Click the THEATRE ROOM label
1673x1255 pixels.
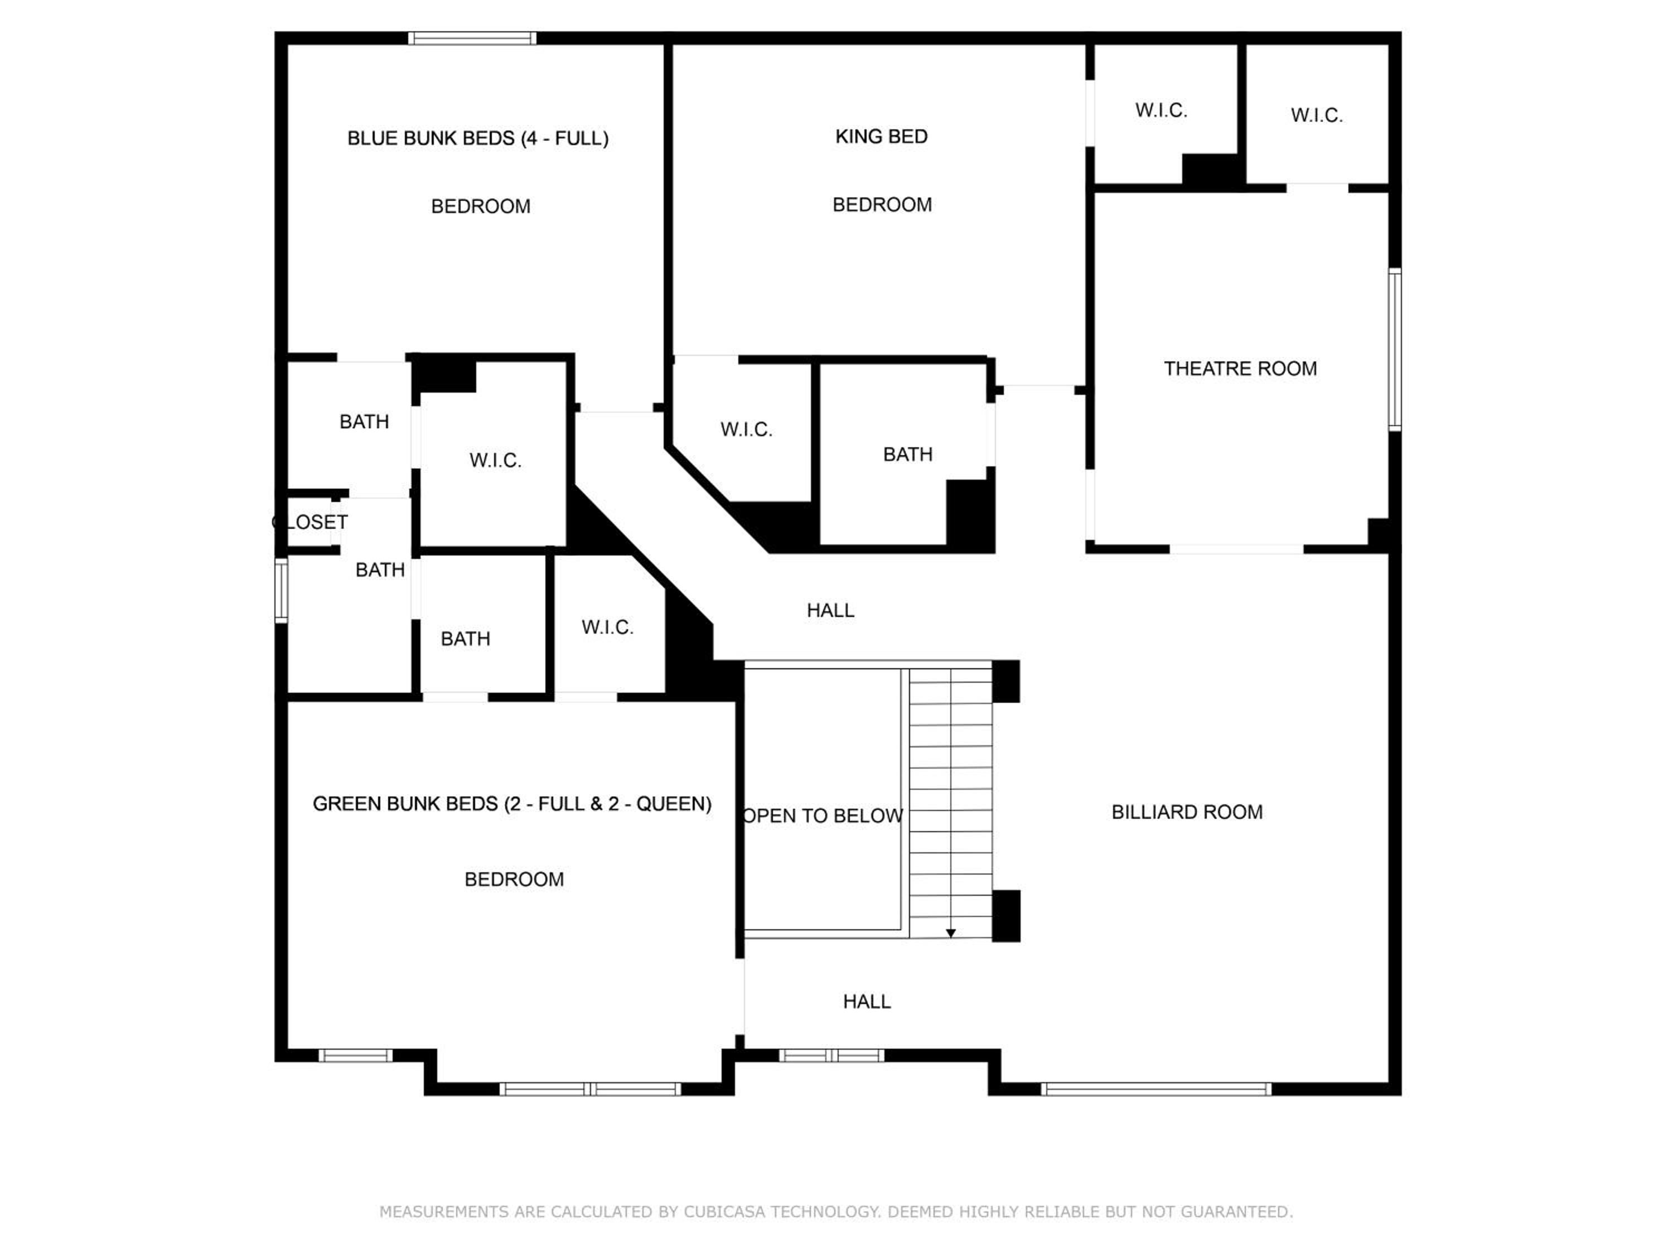1240,368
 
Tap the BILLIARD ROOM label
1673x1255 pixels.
1187,812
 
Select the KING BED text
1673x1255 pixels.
881,136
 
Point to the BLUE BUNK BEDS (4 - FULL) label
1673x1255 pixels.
478,138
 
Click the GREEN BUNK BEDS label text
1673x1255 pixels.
512,803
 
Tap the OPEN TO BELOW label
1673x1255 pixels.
823,815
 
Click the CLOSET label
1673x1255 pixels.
310,522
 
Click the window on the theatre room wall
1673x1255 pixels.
1395,350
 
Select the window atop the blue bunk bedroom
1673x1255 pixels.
473,38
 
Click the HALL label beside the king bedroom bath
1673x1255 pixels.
830,610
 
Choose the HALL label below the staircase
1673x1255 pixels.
867,1002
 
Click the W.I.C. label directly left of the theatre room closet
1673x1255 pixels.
1161,110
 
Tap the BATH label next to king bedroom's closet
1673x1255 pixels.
907,455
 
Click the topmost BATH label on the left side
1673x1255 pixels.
364,421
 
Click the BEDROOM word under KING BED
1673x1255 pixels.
882,204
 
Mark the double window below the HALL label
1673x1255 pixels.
831,1055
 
